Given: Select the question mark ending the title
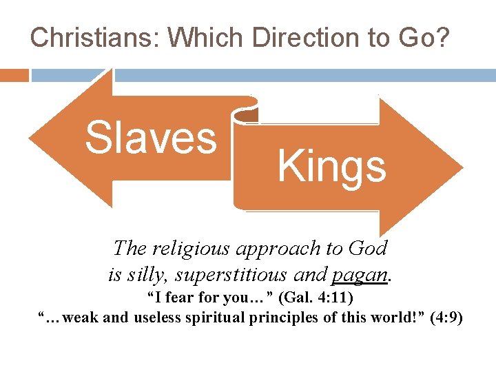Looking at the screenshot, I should [x=441, y=37].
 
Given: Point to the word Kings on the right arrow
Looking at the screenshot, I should [x=331, y=167].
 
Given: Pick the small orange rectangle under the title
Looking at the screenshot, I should [x=14, y=75].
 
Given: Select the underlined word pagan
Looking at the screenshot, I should [x=359, y=274].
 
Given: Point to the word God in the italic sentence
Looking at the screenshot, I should [x=368, y=247].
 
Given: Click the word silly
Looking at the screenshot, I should [x=144, y=274].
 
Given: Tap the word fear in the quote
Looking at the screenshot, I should [x=182, y=300].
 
